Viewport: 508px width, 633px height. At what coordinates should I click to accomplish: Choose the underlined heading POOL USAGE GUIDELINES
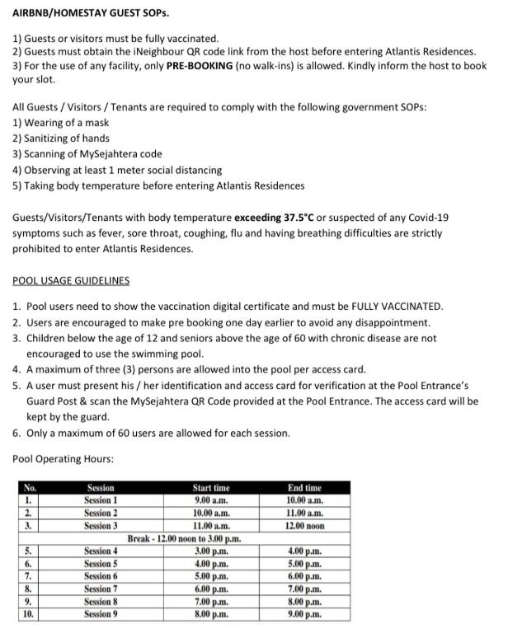tap(71, 281)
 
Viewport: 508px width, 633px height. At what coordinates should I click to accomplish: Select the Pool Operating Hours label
tap(63, 458)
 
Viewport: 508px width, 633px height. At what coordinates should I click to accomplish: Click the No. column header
tap(31, 488)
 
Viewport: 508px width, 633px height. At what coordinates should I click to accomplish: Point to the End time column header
tap(305, 488)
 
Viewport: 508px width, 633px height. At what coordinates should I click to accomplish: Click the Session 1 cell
tap(101, 499)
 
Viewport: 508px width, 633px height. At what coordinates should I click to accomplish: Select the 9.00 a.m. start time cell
tap(210, 499)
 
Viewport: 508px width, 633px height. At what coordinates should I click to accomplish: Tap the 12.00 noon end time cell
tap(305, 525)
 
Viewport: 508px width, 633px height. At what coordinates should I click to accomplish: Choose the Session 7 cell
tap(101, 588)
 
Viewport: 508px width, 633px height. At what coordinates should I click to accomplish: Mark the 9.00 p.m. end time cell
tap(305, 614)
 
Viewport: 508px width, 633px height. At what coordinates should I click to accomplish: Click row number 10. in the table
tap(29, 614)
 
